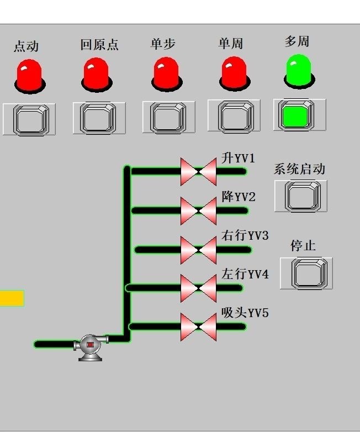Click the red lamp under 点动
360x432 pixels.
tap(29, 75)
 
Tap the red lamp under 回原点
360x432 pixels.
tap(96, 73)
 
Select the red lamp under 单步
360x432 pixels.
tap(166, 73)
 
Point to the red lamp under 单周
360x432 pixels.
tap(234, 72)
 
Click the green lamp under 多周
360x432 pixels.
tap(299, 70)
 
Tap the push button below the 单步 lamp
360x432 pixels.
tap(168, 117)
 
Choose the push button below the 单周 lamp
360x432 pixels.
tap(234, 115)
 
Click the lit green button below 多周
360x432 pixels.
tap(299, 115)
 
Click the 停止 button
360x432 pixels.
tap(306, 273)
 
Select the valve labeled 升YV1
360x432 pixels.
tap(198, 171)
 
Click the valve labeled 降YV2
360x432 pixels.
tap(198, 210)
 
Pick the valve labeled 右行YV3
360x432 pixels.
tap(198, 250)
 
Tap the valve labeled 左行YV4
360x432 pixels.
tap(198, 288)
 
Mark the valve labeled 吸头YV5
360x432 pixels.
tap(198, 326)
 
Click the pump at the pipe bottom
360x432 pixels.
tap(91, 347)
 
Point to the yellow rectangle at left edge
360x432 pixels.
tap(12, 298)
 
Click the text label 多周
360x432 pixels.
tap(297, 41)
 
